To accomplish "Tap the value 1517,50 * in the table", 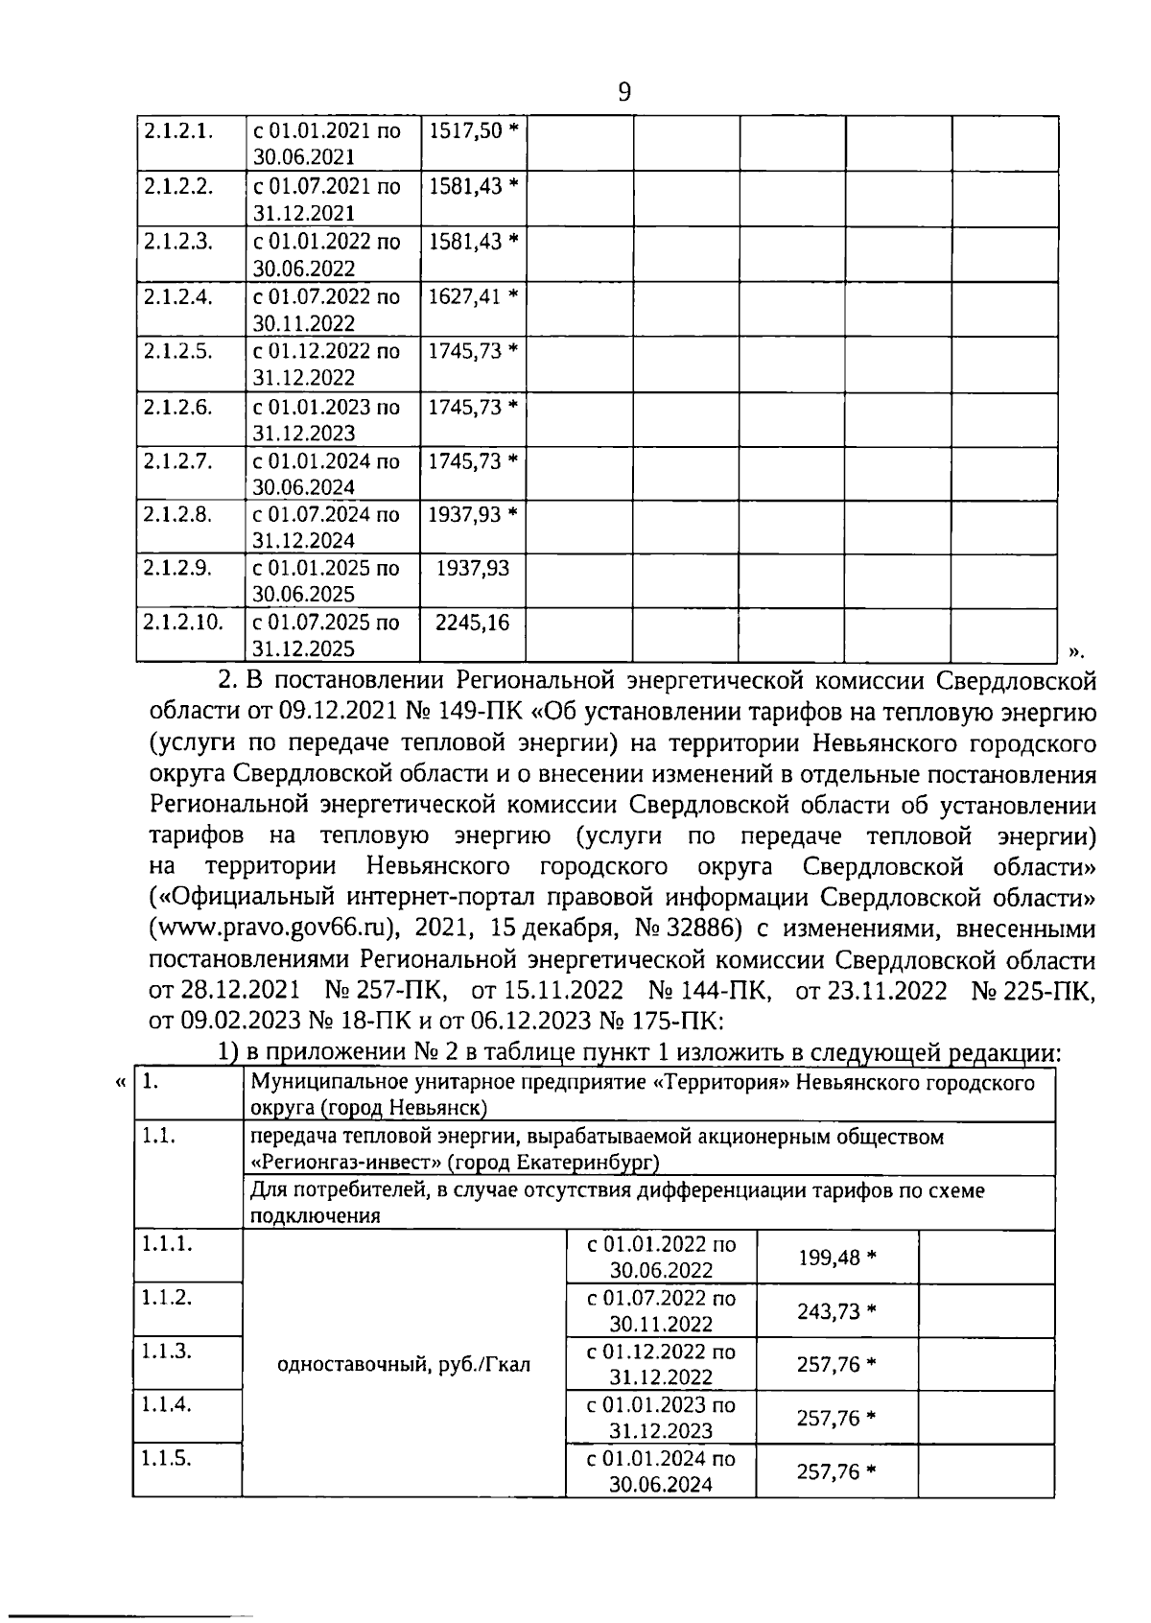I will point(473,130).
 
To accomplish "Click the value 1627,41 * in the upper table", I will point(473,295).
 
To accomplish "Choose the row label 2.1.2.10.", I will point(183,623).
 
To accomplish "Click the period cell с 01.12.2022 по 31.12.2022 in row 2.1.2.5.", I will point(326,365).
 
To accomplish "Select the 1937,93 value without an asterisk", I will point(473,569).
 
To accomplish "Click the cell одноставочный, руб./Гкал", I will point(403,1364).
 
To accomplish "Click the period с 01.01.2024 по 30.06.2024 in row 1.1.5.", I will point(661,1471).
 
